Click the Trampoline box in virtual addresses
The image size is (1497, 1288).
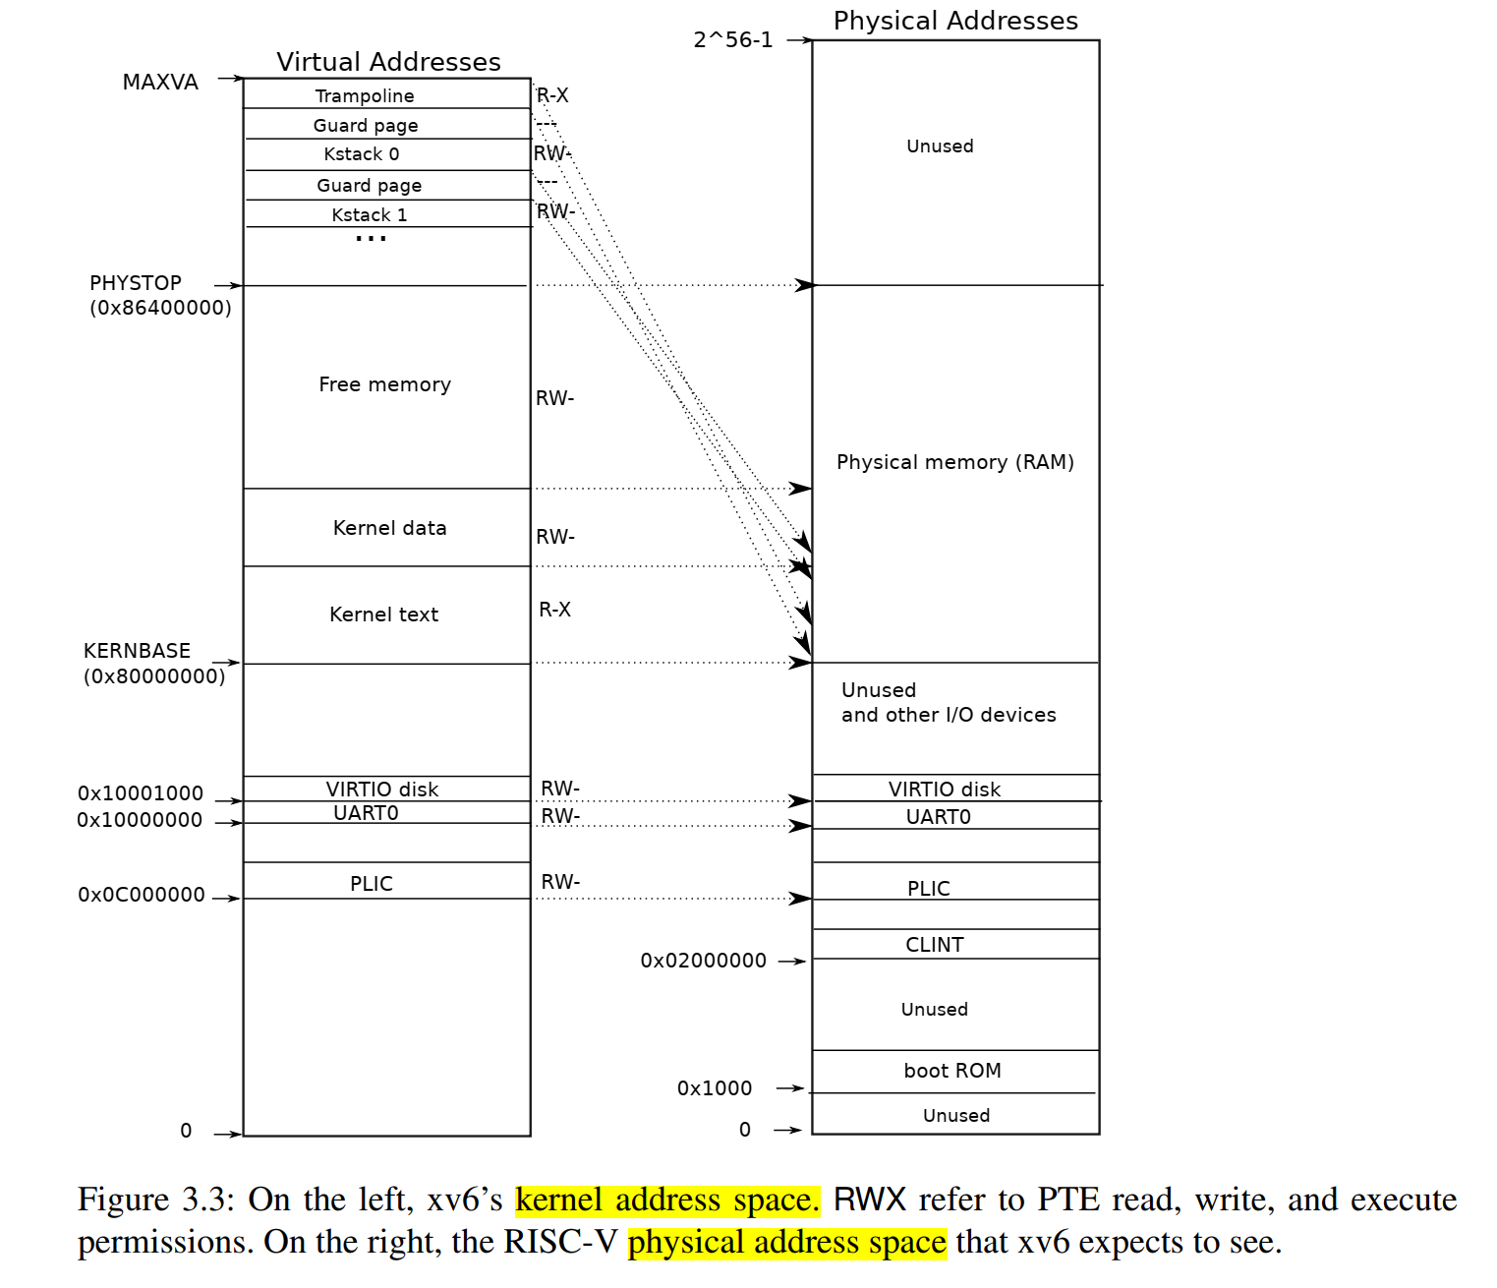[366, 95]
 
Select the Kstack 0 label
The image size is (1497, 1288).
[362, 154]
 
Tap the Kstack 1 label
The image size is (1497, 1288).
[369, 215]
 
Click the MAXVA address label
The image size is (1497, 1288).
[160, 82]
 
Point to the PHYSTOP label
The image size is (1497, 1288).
[136, 283]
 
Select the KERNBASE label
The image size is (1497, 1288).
[137, 651]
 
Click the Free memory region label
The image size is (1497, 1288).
[384, 384]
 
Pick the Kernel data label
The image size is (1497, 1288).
[389, 528]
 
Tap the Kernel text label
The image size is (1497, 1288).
[383, 615]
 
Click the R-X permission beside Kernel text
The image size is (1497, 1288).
[554, 610]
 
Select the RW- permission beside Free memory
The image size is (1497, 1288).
[554, 398]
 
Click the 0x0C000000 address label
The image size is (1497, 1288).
[142, 895]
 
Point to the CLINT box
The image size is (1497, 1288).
[935, 945]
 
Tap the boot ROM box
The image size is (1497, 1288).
[952, 1071]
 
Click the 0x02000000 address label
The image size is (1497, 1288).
[703, 961]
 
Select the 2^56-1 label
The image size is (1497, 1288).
[733, 40]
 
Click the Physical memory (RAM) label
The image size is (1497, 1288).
[954, 462]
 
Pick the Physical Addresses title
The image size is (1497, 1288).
[955, 21]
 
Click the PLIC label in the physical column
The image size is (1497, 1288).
[929, 889]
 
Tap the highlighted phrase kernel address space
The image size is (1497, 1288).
[667, 1200]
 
